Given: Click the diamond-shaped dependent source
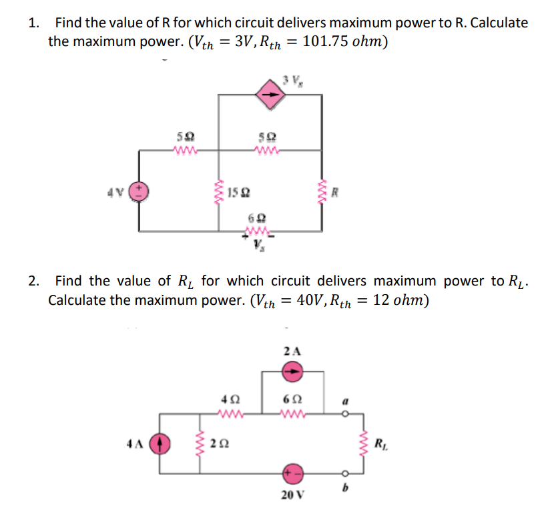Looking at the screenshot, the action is point(272,95).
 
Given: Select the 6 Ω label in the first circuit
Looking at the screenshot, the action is point(255,219).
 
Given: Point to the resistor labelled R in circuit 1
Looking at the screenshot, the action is point(323,193).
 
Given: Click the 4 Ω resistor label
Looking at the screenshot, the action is point(227,399).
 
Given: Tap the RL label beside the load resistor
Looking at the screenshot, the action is point(379,443).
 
